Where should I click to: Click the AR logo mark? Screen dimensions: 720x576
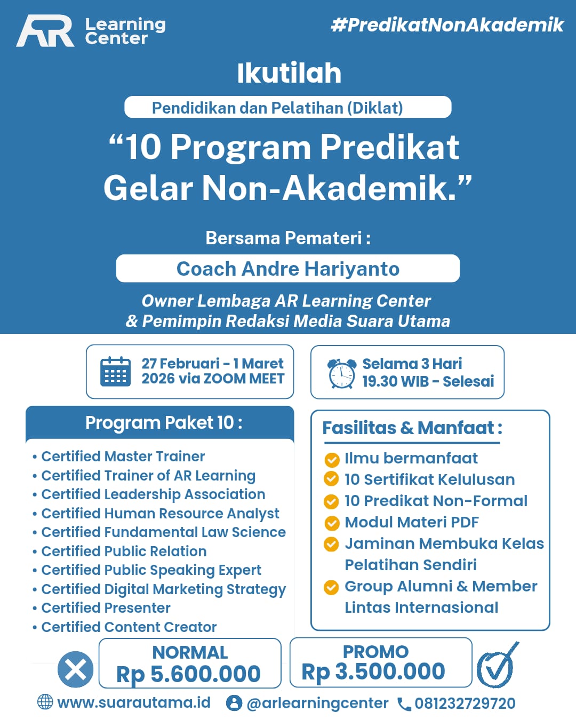point(45,31)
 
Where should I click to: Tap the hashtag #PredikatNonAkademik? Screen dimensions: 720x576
point(447,25)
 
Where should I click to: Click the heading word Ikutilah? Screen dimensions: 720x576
point(289,73)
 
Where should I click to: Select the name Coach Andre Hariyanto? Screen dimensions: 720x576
point(288,269)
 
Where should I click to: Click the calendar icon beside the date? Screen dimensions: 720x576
point(115,372)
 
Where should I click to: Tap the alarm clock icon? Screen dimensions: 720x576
point(341,373)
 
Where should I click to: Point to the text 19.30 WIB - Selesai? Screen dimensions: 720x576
point(428,381)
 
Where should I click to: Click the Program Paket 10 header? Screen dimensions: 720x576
point(164,423)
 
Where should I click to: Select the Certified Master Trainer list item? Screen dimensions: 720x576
point(123,457)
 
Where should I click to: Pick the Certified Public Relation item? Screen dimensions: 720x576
point(124,551)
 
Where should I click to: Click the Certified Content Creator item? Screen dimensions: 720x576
point(129,627)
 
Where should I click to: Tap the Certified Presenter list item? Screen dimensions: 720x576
point(106,608)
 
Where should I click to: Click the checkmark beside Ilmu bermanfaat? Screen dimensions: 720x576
point(332,459)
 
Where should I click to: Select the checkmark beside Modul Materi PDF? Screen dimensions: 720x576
point(332,523)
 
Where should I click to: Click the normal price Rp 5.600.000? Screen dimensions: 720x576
point(189,674)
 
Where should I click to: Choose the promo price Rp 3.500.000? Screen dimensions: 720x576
point(373,672)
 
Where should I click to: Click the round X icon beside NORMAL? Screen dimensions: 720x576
point(76,669)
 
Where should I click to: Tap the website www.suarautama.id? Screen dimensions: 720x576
point(133,702)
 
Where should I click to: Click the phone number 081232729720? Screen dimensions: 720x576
point(465,703)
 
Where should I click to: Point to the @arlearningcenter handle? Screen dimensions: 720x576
point(317,703)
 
